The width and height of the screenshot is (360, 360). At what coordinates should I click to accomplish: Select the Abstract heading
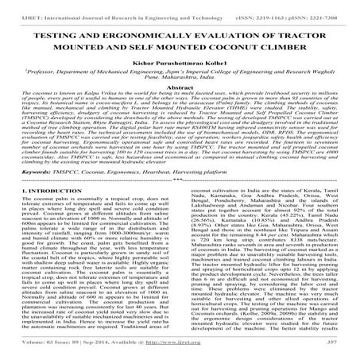click(x=180, y=89)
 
